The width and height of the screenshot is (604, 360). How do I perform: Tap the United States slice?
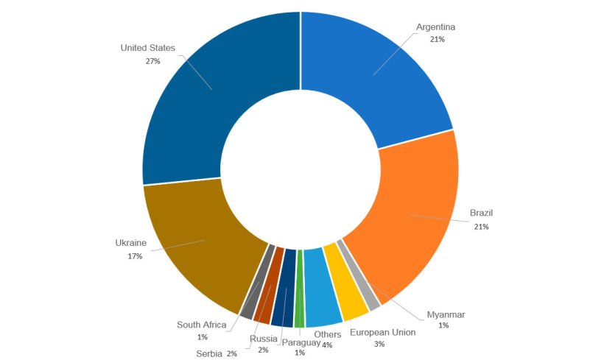[214, 88]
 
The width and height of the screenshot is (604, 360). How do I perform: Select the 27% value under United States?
[153, 61]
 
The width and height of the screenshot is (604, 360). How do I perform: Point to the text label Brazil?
[482, 213]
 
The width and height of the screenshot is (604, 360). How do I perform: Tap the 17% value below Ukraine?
[134, 256]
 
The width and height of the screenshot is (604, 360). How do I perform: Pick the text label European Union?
[382, 333]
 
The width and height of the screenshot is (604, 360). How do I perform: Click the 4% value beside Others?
[327, 345]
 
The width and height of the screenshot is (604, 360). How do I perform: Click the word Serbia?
[209, 353]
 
